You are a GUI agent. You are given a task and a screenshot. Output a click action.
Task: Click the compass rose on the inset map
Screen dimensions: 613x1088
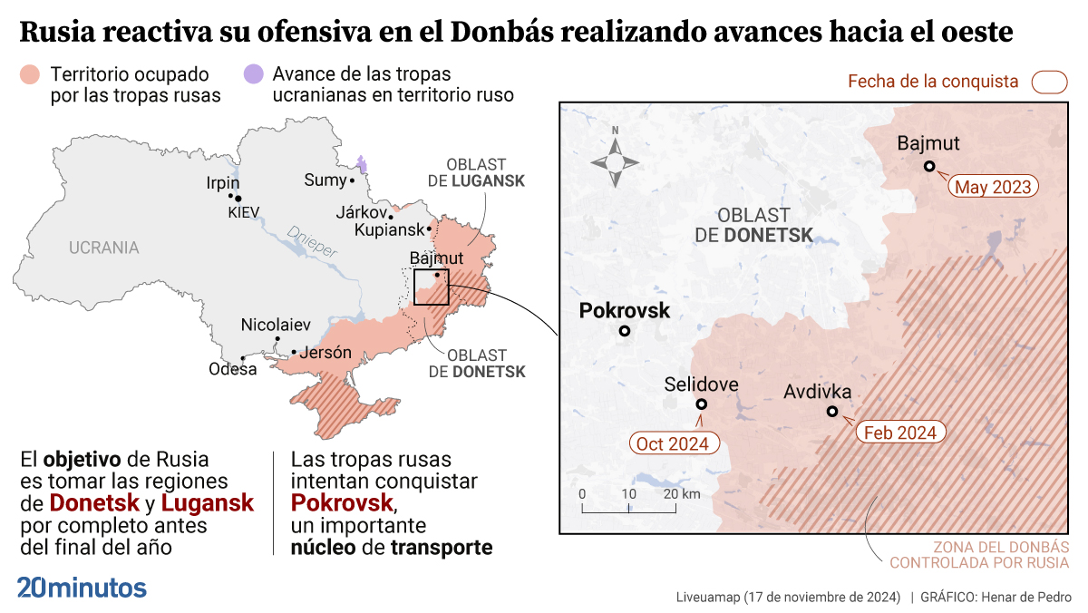point(615,161)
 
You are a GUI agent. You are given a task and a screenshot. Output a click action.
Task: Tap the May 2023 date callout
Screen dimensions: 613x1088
point(994,187)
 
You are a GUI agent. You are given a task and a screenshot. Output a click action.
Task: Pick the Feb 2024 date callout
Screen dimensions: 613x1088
point(900,433)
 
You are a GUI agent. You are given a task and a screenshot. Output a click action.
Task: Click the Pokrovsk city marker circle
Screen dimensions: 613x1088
point(625,331)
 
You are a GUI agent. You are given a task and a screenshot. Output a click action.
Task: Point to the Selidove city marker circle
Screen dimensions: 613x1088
point(701,405)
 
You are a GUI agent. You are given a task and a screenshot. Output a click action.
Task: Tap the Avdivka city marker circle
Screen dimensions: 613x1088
point(832,412)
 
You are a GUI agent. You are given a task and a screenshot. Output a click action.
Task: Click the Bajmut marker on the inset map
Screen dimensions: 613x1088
point(929,166)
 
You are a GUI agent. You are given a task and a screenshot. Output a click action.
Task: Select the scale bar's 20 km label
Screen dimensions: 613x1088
point(682,494)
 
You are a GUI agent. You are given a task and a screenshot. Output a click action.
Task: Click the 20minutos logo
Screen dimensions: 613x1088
point(82,587)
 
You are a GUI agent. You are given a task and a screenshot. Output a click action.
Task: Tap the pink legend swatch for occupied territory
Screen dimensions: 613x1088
point(31,73)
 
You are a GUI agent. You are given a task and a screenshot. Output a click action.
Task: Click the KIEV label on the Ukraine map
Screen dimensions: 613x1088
point(244,212)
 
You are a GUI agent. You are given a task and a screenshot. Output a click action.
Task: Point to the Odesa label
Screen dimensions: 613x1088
point(233,369)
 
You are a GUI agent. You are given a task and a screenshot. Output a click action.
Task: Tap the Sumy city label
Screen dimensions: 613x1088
point(325,180)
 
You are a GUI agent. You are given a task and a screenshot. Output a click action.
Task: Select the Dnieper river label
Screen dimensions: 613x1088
point(310,242)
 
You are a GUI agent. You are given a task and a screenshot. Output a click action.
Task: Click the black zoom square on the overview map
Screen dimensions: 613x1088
point(431,287)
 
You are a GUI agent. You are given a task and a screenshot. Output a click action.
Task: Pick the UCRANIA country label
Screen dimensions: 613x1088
point(104,248)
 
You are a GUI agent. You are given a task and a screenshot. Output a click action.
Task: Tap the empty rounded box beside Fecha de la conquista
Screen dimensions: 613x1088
point(1049,82)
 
